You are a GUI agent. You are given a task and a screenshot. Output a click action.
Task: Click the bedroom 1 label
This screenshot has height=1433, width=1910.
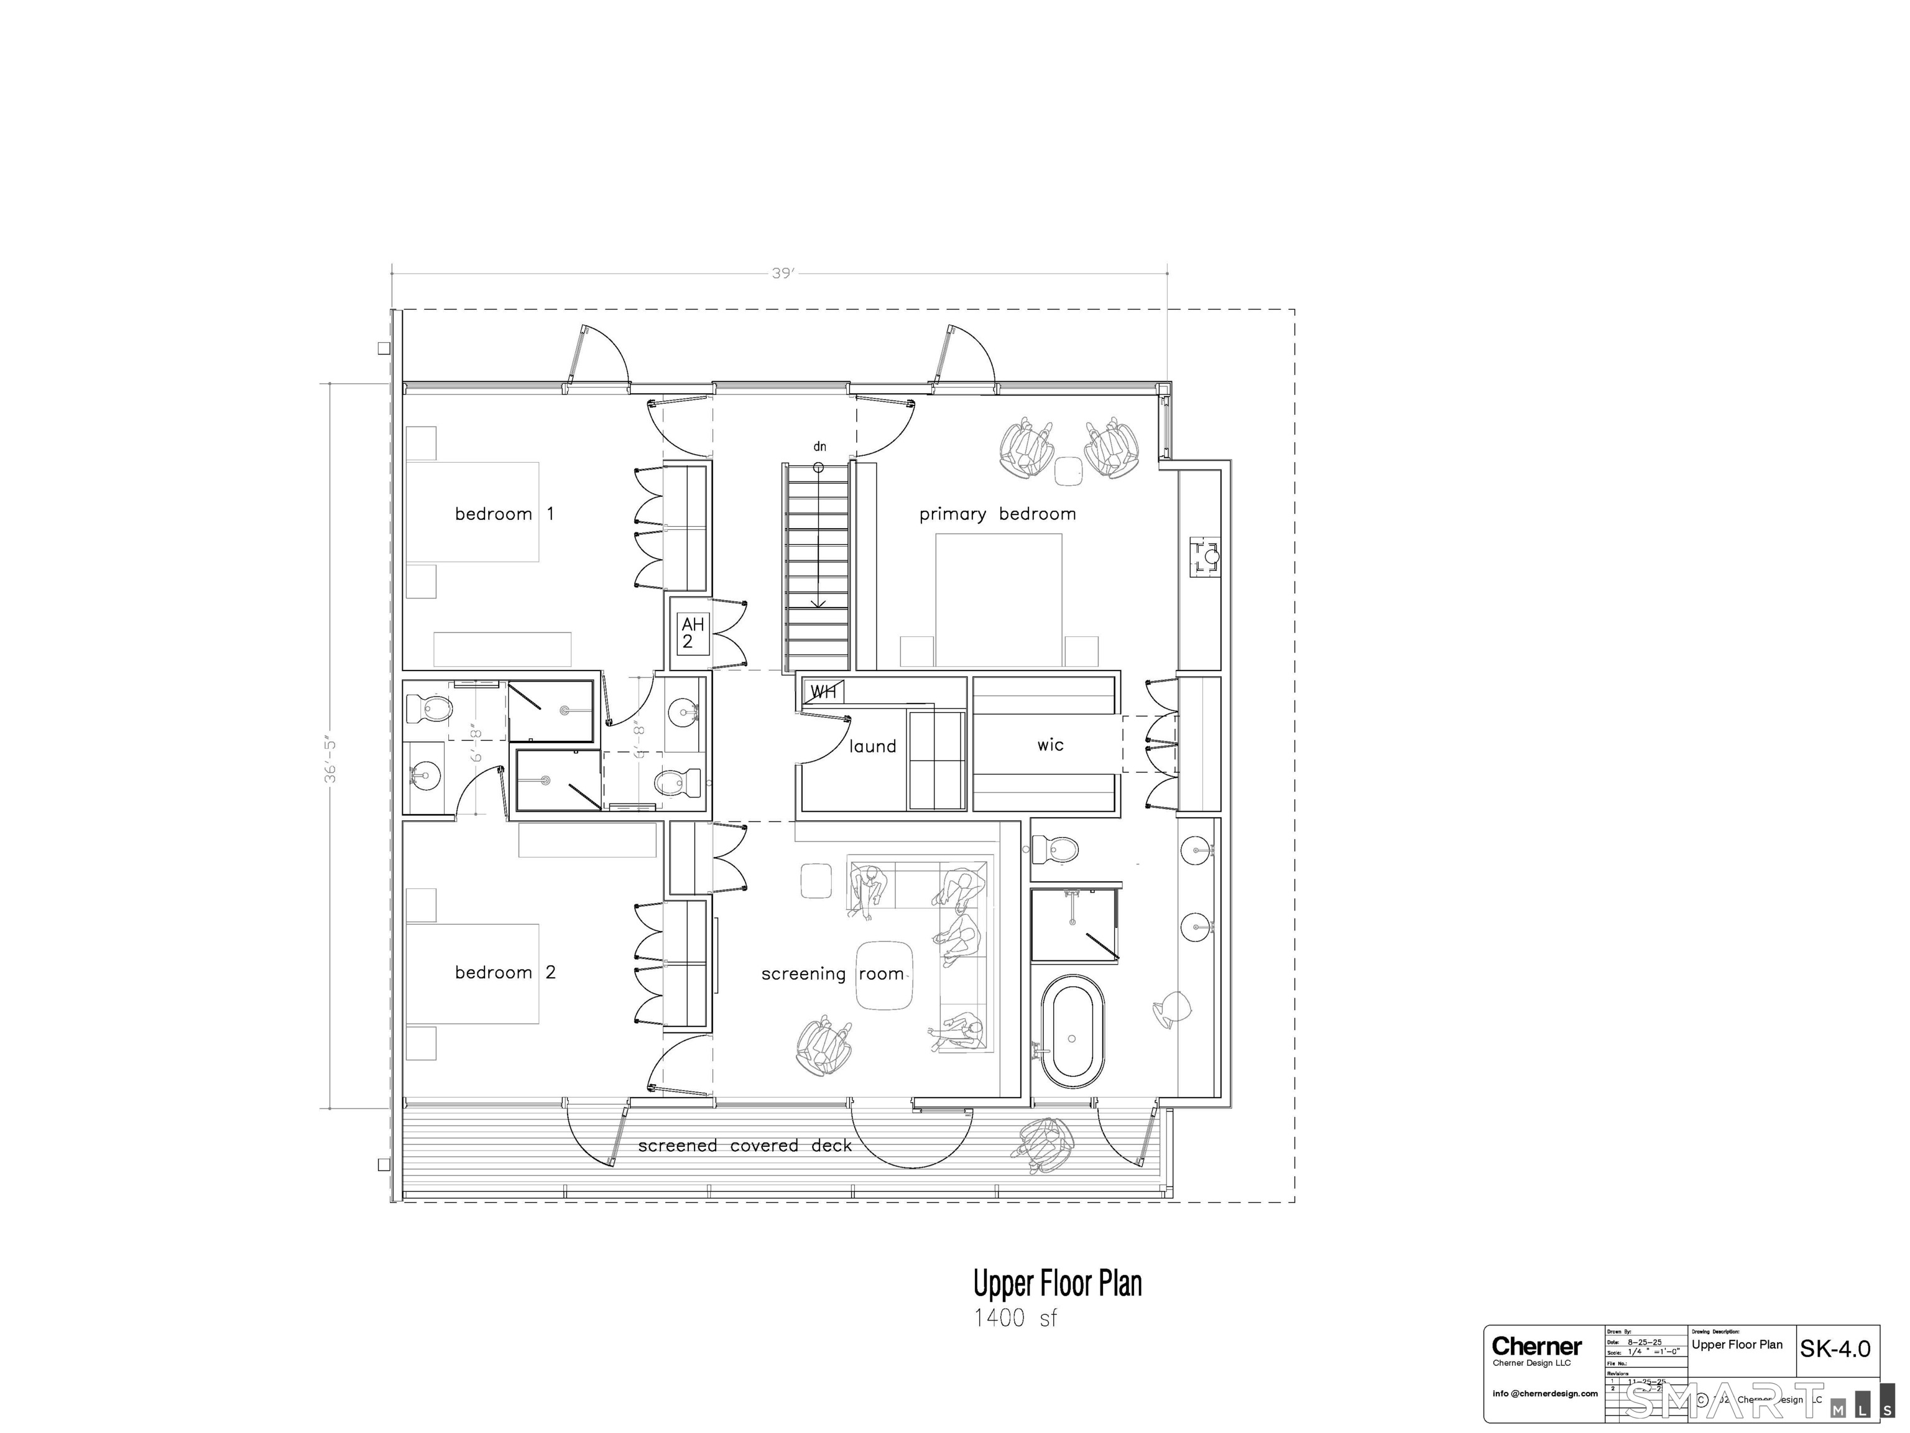[x=504, y=514]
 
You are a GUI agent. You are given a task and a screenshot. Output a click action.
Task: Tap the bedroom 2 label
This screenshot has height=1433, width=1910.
[x=505, y=973]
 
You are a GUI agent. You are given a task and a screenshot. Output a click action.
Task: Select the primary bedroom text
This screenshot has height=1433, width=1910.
[x=997, y=514]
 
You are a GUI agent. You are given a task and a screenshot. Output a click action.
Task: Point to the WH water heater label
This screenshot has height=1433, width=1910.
[x=823, y=692]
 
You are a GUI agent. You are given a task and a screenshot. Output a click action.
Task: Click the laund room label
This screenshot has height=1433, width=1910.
[x=872, y=746]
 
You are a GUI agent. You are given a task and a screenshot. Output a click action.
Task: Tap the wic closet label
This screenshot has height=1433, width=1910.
[x=1050, y=744]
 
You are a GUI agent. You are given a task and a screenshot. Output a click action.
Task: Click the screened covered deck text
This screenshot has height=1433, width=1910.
[x=744, y=1146]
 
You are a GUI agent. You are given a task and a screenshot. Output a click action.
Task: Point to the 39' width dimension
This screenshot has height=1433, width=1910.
[x=782, y=274]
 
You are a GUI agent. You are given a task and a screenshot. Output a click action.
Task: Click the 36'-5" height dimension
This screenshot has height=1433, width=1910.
[x=330, y=760]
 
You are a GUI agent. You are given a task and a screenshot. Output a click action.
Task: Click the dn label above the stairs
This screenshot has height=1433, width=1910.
[x=819, y=447]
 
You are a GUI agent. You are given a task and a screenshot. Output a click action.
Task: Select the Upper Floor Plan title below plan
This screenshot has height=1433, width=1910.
[x=1057, y=1284]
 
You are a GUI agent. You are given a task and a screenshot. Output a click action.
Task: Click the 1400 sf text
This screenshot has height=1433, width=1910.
[x=1015, y=1318]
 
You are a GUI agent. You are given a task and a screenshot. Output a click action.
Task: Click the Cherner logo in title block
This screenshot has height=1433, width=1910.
[x=1537, y=1346]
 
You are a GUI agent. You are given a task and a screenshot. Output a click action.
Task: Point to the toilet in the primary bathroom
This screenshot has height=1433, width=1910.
[x=1056, y=849]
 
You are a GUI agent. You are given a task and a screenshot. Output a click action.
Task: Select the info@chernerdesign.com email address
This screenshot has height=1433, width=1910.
[x=1545, y=1393]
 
